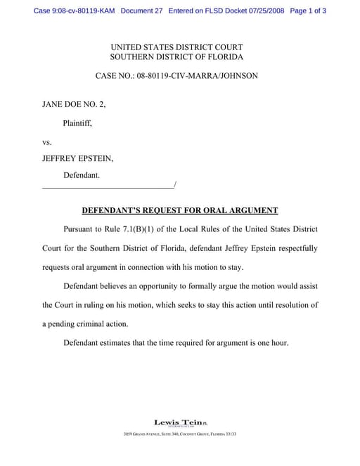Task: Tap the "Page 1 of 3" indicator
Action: tap(307, 11)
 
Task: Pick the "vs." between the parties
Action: tap(48, 141)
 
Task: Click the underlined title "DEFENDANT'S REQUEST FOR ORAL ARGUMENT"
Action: tap(180, 210)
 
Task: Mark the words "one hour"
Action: tap(271, 343)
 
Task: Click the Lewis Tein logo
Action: tap(179, 422)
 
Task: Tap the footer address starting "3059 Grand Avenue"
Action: tap(179, 434)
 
